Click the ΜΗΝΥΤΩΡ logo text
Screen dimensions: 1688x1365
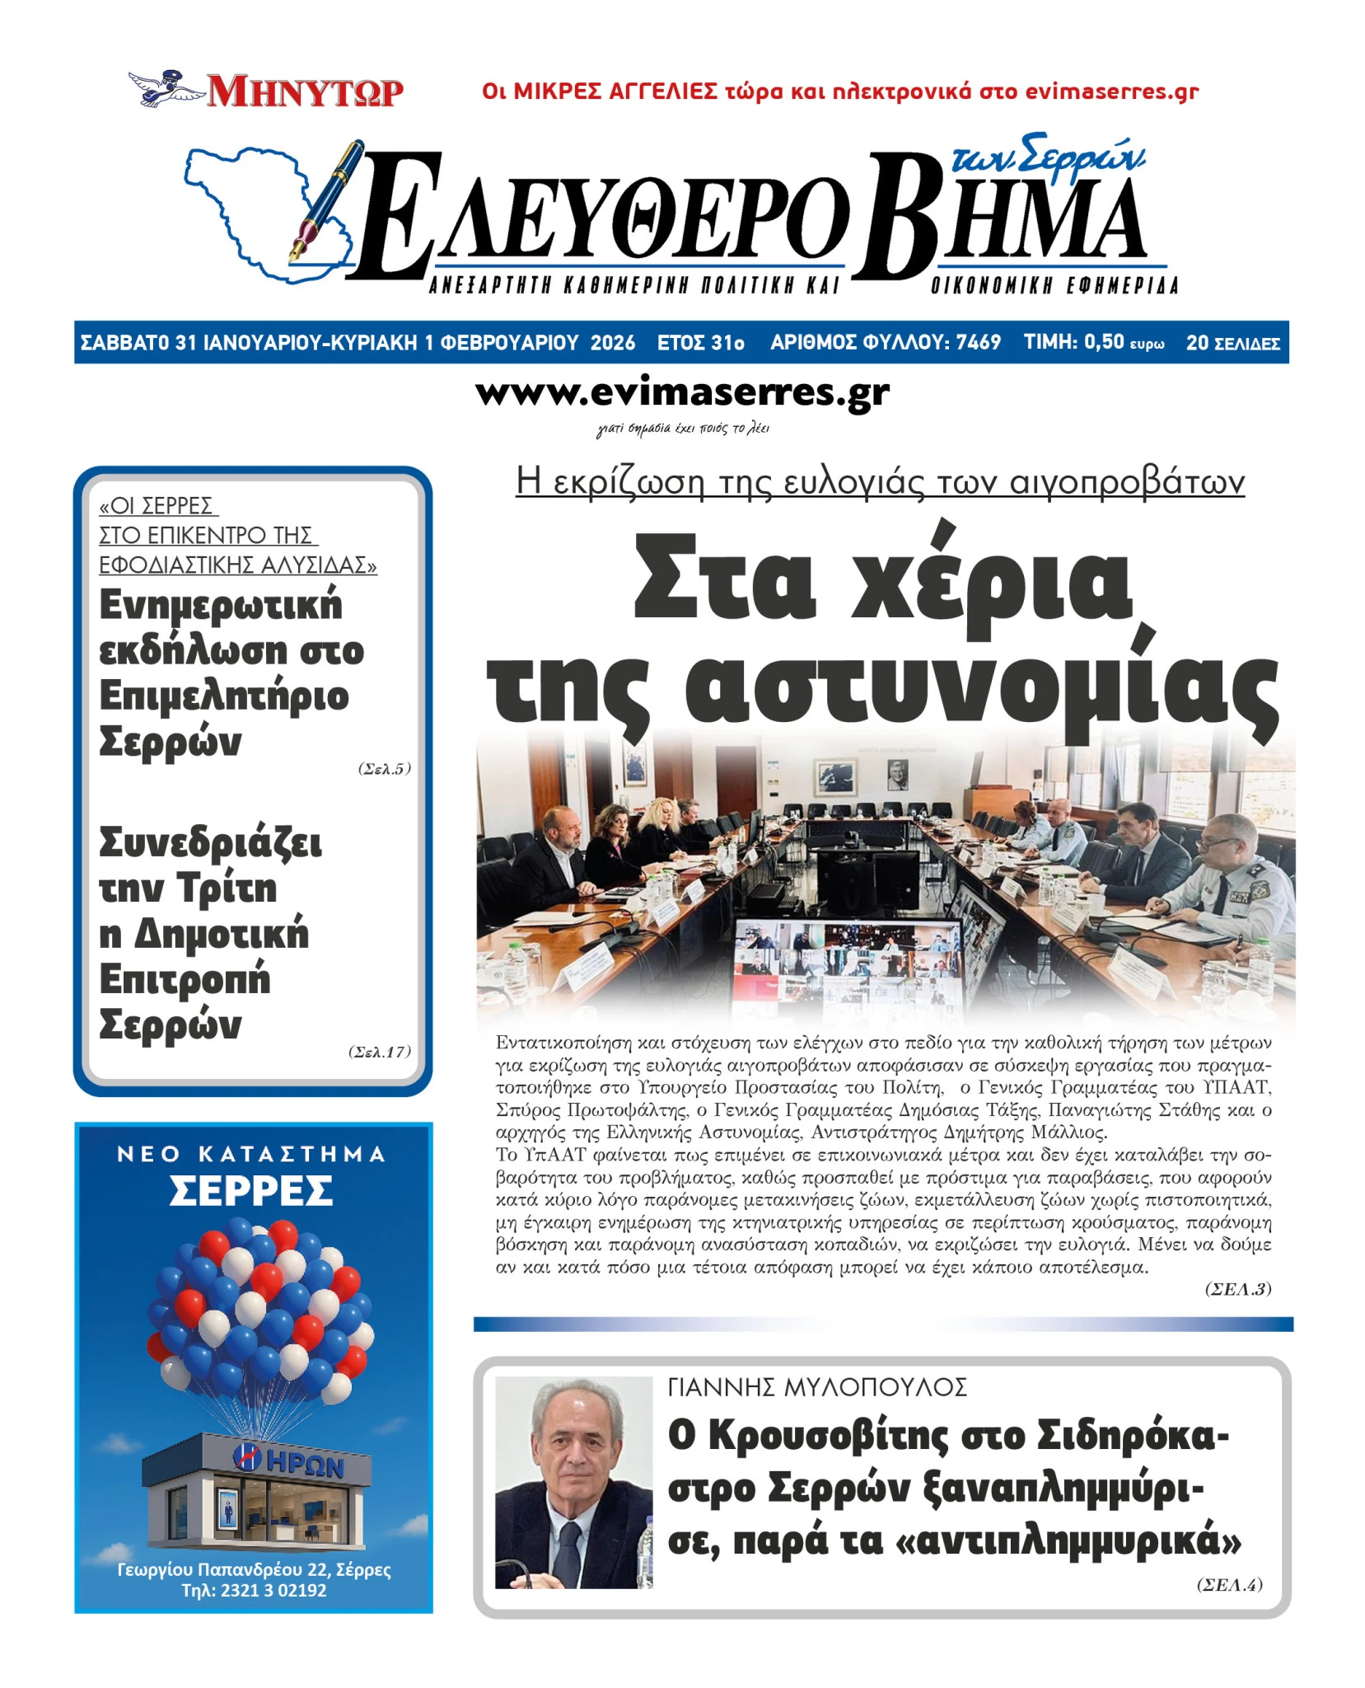305,91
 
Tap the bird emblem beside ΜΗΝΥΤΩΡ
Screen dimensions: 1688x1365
165,87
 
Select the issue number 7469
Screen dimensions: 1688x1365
978,343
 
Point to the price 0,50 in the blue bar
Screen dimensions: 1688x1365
1103,342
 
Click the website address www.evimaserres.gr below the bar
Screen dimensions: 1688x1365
682,393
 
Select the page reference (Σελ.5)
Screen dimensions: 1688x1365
384,769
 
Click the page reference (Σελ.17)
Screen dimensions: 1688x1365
379,1052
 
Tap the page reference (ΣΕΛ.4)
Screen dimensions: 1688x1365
1229,1584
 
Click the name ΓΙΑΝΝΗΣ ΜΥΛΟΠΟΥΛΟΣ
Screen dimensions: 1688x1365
816,1388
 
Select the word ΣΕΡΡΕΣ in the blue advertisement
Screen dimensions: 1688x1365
251,1191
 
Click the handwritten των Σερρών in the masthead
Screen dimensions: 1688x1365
1046,155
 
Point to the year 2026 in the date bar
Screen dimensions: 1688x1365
612,343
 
